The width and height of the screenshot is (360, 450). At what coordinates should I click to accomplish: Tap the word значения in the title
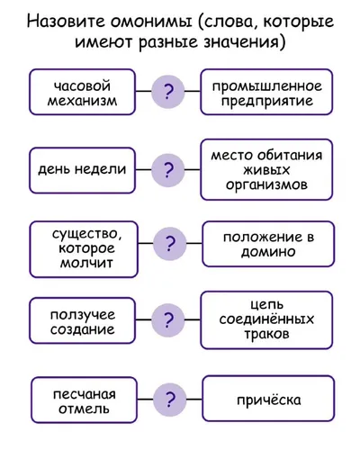click(x=243, y=42)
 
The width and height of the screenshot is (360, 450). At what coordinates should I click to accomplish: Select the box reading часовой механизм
click(x=82, y=92)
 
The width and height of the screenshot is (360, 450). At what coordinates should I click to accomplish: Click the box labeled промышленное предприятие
click(x=266, y=92)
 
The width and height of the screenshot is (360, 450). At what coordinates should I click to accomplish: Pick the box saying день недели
click(x=82, y=170)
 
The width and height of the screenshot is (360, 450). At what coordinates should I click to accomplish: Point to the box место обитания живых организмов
click(x=266, y=169)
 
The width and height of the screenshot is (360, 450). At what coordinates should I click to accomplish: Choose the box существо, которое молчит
click(x=84, y=249)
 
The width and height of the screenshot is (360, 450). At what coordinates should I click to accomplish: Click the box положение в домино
click(x=268, y=244)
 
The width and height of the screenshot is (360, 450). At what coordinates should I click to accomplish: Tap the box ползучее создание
click(x=82, y=320)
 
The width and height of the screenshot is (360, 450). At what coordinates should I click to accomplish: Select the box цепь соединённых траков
click(x=266, y=320)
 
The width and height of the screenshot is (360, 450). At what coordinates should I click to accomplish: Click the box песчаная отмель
click(x=85, y=400)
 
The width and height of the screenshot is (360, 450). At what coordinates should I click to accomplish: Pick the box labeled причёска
click(x=268, y=399)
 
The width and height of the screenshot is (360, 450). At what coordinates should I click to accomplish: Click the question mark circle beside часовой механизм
click(x=168, y=92)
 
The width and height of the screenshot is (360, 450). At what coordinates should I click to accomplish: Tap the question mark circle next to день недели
click(x=168, y=170)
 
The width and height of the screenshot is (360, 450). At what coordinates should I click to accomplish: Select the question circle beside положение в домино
click(x=170, y=243)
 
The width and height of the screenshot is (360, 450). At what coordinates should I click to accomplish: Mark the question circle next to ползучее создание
click(x=168, y=319)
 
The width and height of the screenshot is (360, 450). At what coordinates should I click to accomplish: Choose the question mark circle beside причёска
click(x=170, y=400)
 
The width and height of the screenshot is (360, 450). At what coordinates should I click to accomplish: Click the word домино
click(x=268, y=252)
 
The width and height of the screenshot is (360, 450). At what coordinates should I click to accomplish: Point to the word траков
click(x=266, y=334)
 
